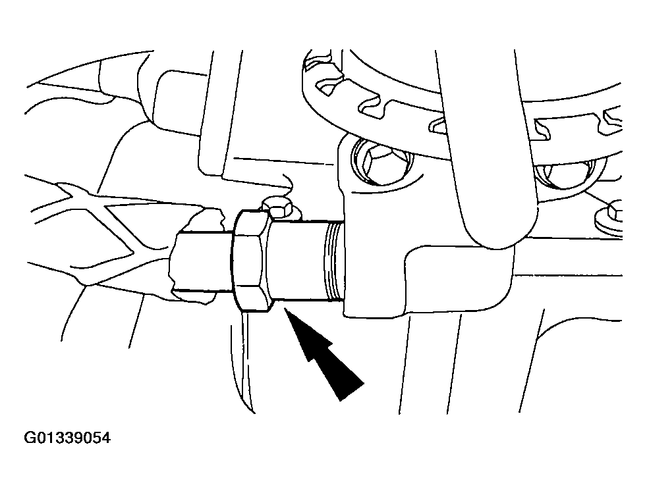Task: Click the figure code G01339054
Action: point(67,438)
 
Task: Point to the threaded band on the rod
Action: point(334,261)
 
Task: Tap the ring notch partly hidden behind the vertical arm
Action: point(439,124)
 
